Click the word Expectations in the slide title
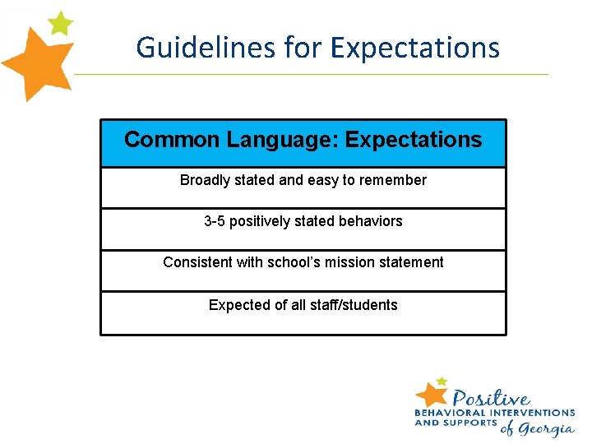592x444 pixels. click(x=415, y=47)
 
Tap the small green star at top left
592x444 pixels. click(x=60, y=23)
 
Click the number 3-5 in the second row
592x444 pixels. click(x=215, y=221)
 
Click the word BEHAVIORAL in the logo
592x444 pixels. click(x=450, y=412)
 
